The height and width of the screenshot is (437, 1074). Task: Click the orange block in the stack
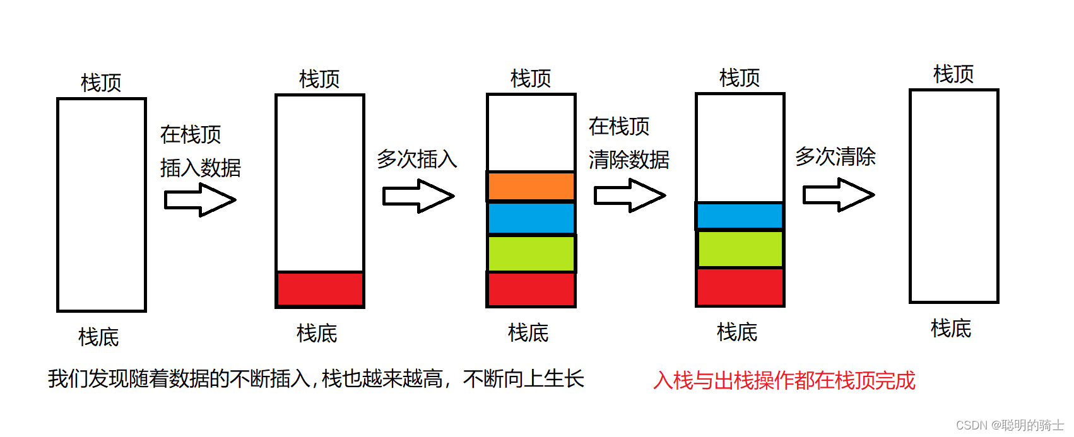pos(531,186)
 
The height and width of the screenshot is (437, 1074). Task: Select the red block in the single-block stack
pos(320,289)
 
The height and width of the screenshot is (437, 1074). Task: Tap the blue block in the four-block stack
pos(531,218)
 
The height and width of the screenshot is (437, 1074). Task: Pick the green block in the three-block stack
pos(740,248)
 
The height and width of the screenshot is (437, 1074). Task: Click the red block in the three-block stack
pos(740,287)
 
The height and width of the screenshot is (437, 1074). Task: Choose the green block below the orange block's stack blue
pos(531,253)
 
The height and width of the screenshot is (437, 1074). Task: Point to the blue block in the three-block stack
pos(740,216)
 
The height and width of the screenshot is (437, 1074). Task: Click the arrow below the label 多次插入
pos(418,196)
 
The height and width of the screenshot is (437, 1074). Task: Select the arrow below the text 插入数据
pos(200,200)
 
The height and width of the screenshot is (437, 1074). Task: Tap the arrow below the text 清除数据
pos(630,195)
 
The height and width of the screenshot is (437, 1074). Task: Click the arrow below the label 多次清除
pos(839,195)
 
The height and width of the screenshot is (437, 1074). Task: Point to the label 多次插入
pos(417,159)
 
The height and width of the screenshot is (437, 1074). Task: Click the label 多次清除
pos(835,156)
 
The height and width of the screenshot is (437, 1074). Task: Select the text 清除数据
pos(628,160)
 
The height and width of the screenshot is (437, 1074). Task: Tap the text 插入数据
pos(201,168)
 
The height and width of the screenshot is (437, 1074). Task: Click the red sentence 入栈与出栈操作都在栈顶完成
pos(784,380)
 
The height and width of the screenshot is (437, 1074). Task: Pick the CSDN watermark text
pos(1010,425)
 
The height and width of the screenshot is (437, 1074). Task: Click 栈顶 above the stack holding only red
pos(319,79)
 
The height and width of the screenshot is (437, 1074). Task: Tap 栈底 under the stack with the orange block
pos(528,332)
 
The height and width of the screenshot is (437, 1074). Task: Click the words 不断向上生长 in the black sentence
pos(524,378)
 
